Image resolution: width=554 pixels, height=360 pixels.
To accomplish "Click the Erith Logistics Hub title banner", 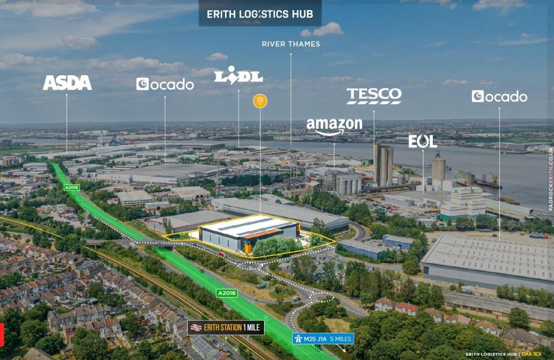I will coord(260,14).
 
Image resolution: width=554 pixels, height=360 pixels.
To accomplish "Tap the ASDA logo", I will coord(67,83).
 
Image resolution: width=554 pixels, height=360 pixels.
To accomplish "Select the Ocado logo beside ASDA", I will coord(165,84).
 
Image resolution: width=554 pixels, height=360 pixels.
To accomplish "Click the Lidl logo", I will coord(239,76).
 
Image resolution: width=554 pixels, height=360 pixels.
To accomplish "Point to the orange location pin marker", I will coord(260,101).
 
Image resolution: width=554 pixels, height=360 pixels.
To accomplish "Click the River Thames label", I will coord(291,44).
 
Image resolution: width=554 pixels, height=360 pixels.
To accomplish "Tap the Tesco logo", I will coord(374,96).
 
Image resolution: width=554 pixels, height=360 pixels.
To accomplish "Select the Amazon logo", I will coord(334,126).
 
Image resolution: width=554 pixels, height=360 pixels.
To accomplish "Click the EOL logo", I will coord(423,142).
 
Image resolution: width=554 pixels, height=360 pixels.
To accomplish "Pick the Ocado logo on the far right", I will coord(499,96).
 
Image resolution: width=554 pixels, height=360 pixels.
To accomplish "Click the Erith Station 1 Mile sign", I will coord(226,327).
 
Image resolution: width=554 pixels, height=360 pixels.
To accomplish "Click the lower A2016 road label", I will coord(227,293).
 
